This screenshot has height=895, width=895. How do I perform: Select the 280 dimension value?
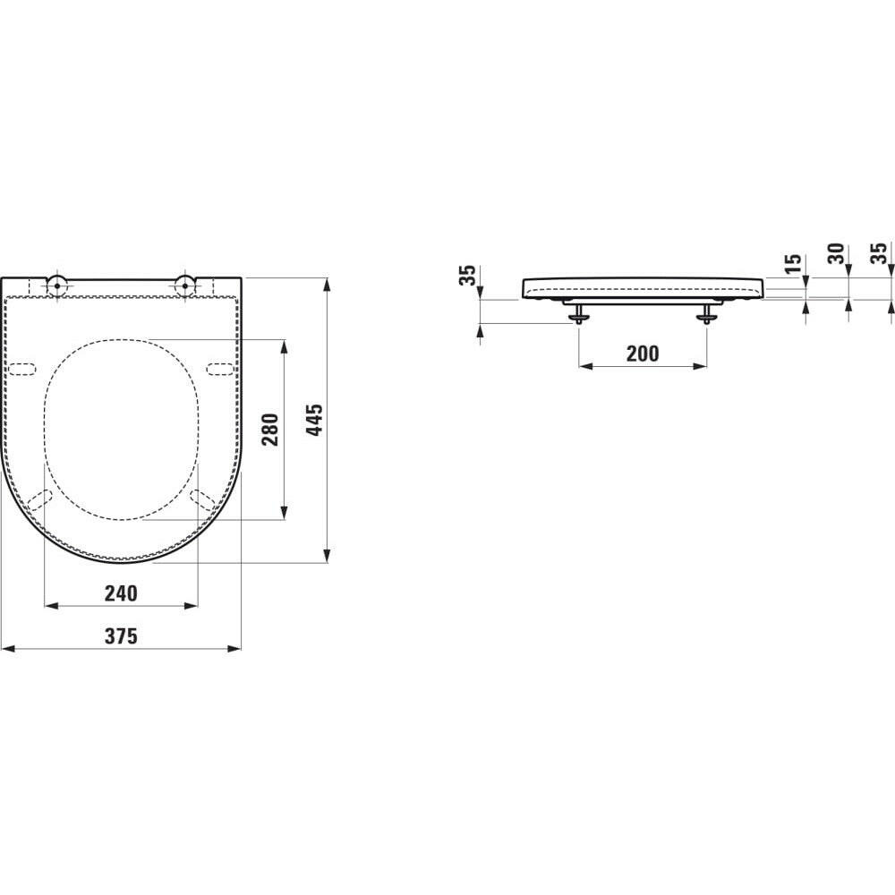(270, 429)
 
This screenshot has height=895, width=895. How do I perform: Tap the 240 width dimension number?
(121, 592)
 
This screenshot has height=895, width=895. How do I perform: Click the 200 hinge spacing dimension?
(642, 354)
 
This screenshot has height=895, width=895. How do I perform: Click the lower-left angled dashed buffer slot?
(39, 500)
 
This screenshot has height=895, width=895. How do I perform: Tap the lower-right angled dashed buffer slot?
(202, 500)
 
